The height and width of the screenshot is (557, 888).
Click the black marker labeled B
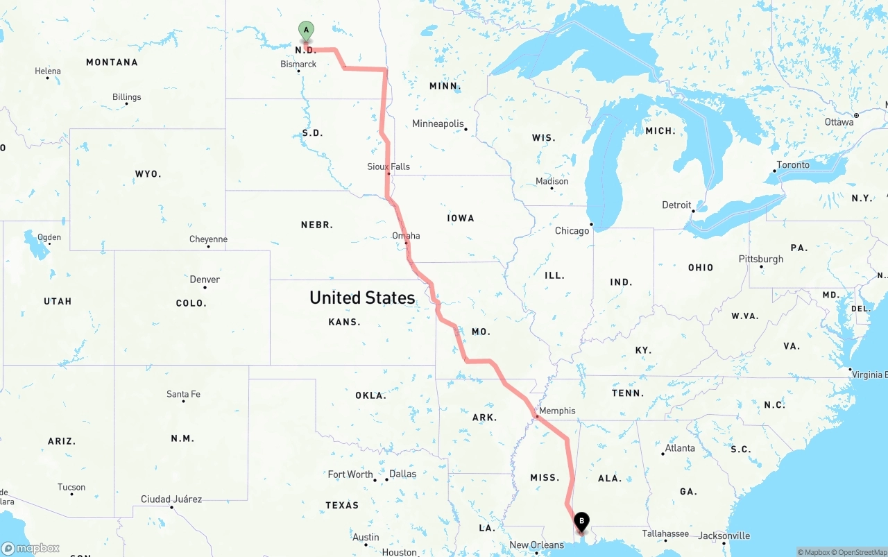582,522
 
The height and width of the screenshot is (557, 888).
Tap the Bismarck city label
298,64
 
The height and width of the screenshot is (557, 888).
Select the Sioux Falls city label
388,166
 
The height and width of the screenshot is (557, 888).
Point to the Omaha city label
406,236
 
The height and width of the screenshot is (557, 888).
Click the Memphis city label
556,411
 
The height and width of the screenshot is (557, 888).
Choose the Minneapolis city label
438,123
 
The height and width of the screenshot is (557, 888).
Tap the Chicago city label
572,230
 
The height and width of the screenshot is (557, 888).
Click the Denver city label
205,280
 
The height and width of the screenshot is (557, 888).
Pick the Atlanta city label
680,448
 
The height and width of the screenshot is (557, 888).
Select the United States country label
362,298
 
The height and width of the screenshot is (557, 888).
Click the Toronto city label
793,164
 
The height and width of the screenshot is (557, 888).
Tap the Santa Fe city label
183,394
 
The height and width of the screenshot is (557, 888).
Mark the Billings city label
127,97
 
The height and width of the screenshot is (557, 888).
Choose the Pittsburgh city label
761,259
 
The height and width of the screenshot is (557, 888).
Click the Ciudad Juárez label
171,499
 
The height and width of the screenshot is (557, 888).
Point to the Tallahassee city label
665,533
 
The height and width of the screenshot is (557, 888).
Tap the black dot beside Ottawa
857,115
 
